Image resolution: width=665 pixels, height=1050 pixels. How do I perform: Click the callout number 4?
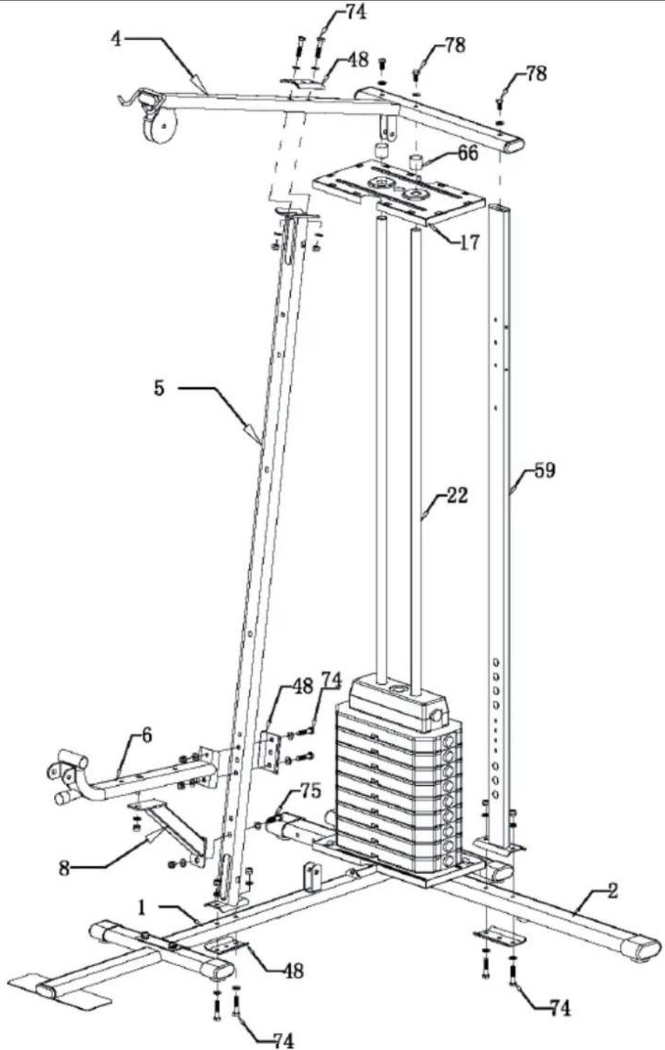tap(116, 38)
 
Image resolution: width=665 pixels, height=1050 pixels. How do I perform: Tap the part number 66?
tap(468, 152)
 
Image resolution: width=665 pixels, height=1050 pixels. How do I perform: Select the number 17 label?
tap(469, 242)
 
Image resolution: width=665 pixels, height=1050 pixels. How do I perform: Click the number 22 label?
tap(457, 495)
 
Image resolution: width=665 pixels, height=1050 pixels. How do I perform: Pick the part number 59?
tap(545, 469)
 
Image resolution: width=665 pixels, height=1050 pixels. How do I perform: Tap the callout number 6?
tap(145, 734)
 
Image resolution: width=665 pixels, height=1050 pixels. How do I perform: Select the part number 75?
tap(310, 790)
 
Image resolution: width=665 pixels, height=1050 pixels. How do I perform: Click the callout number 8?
tap(64, 870)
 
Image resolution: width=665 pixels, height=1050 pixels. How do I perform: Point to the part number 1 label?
tap(142, 908)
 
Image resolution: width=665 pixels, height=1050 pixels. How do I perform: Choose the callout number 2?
tap(612, 891)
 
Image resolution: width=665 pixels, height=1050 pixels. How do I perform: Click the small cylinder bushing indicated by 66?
tap(417, 162)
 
